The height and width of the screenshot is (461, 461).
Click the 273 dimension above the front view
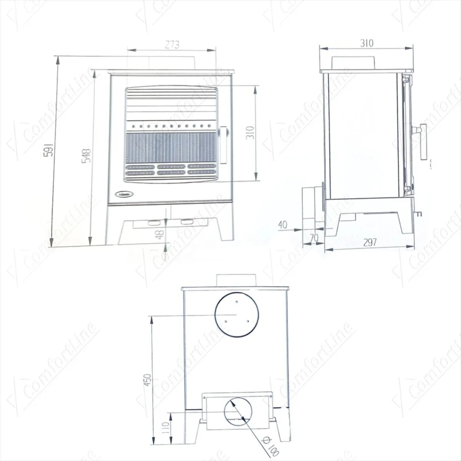point(172,45)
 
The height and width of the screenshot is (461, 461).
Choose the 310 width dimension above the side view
point(366,43)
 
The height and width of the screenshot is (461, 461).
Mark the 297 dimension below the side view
point(369,242)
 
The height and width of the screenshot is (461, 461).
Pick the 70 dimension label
point(314,238)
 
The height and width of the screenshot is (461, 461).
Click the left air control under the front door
point(155,222)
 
